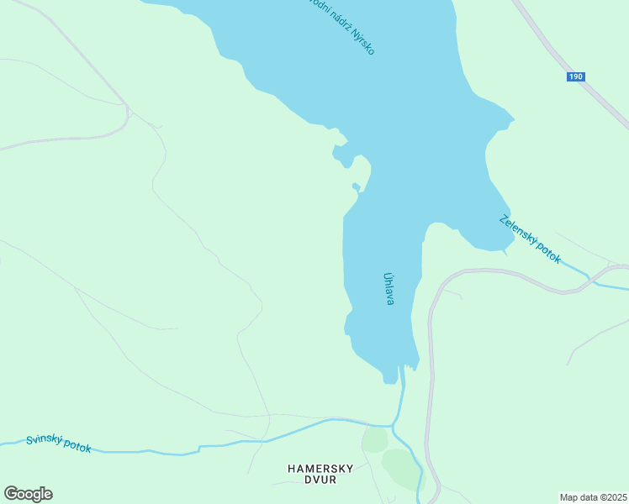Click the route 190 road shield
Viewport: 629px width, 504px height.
click(575, 76)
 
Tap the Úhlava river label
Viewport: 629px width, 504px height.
click(388, 287)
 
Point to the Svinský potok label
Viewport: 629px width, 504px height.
click(58, 444)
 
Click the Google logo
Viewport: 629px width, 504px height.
click(28, 494)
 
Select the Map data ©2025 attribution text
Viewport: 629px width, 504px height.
click(594, 496)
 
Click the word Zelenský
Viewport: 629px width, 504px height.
click(516, 229)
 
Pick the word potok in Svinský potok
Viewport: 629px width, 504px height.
click(76, 447)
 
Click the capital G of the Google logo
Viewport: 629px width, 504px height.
click(11, 493)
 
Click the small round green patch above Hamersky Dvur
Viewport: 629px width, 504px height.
click(374, 439)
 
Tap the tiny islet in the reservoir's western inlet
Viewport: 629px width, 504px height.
click(356, 186)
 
